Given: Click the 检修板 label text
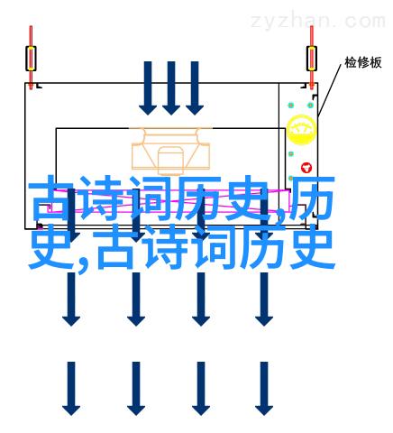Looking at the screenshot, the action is click(363, 63).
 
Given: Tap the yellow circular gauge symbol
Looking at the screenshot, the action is click(301, 130).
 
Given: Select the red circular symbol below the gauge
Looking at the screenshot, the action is click(306, 168).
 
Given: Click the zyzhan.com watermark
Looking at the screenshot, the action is click(317, 21).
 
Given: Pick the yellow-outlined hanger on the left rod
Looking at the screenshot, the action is click(31, 59).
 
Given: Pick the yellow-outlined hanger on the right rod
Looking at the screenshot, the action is click(312, 59).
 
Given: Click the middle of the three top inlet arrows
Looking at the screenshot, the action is click(171, 88).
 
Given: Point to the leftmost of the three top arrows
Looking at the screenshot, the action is click(148, 88).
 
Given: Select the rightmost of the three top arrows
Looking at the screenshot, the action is click(195, 88).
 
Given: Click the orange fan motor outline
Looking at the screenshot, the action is click(170, 152).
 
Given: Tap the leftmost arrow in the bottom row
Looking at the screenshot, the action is click(71, 389).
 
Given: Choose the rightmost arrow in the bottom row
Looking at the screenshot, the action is click(264, 389).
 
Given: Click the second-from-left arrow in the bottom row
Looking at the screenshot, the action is click(136, 389).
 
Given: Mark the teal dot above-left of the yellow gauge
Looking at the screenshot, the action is click(291, 106).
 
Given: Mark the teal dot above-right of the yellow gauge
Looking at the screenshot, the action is click(310, 106).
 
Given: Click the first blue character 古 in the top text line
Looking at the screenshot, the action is click(51, 198).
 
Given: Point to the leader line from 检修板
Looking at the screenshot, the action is click(330, 89).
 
